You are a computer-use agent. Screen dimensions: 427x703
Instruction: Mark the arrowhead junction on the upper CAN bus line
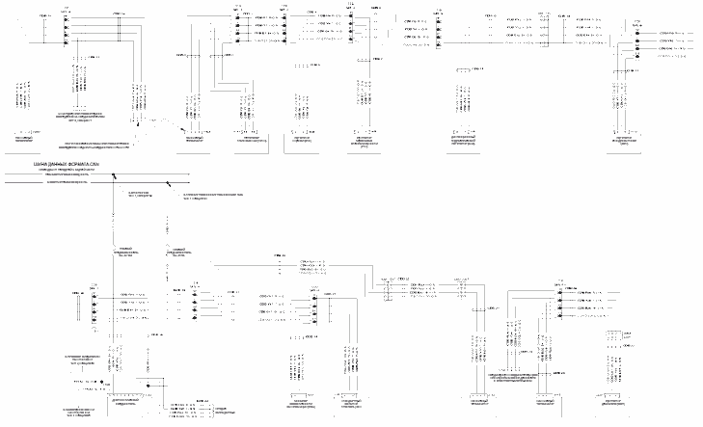113,176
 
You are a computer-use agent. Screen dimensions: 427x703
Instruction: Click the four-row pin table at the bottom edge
188,409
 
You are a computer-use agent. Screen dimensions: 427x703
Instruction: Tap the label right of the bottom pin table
221,409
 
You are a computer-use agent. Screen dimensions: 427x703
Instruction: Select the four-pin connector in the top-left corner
67,29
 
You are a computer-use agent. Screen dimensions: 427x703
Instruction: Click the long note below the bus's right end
218,196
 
